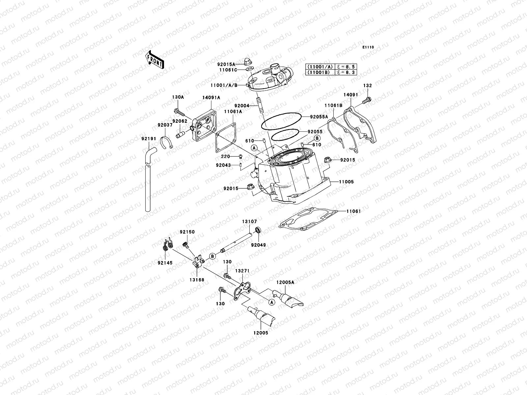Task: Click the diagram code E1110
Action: [368, 47]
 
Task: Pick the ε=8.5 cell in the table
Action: [346, 66]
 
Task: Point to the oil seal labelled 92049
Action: [259, 230]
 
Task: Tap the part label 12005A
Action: [285, 282]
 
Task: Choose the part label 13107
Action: [250, 222]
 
